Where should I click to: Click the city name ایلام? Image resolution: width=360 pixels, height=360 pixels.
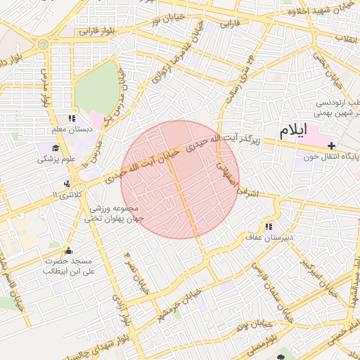293,130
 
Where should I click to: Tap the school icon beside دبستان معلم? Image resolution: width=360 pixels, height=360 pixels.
71,119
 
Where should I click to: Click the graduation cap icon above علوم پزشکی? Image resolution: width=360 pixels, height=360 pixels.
56,148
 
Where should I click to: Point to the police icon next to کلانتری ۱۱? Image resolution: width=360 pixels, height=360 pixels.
67,184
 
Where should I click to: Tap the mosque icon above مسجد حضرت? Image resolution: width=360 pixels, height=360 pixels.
68,250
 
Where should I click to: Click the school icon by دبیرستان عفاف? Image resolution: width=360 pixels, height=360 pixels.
268,226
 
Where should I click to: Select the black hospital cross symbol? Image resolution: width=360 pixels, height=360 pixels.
331,144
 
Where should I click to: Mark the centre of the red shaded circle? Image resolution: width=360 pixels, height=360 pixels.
180,179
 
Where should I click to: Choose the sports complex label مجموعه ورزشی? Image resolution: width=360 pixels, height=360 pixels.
115,209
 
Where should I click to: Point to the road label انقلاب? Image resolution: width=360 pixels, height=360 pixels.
347,37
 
